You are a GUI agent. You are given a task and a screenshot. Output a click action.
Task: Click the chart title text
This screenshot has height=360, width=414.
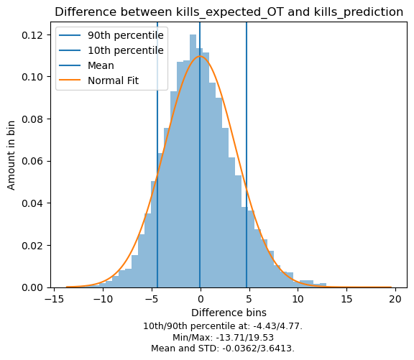coord(229,12)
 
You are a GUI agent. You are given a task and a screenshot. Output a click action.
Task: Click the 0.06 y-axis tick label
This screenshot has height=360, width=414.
coord(33,161)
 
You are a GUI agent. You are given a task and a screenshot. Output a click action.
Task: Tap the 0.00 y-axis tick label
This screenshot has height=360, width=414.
coord(33,287)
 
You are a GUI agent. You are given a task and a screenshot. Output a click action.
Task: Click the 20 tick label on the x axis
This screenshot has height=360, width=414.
coord(395,299)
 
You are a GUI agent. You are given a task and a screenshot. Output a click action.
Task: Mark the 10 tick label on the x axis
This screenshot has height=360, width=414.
coord(298,299)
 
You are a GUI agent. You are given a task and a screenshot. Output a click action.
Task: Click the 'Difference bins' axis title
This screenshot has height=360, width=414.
coord(229,313)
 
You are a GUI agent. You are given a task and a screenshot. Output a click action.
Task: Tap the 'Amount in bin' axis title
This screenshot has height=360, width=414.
coord(11,155)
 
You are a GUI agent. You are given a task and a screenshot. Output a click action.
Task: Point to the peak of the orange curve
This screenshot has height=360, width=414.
coord(200,56)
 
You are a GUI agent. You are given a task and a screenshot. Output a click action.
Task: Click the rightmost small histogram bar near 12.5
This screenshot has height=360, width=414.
coord(323,285)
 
